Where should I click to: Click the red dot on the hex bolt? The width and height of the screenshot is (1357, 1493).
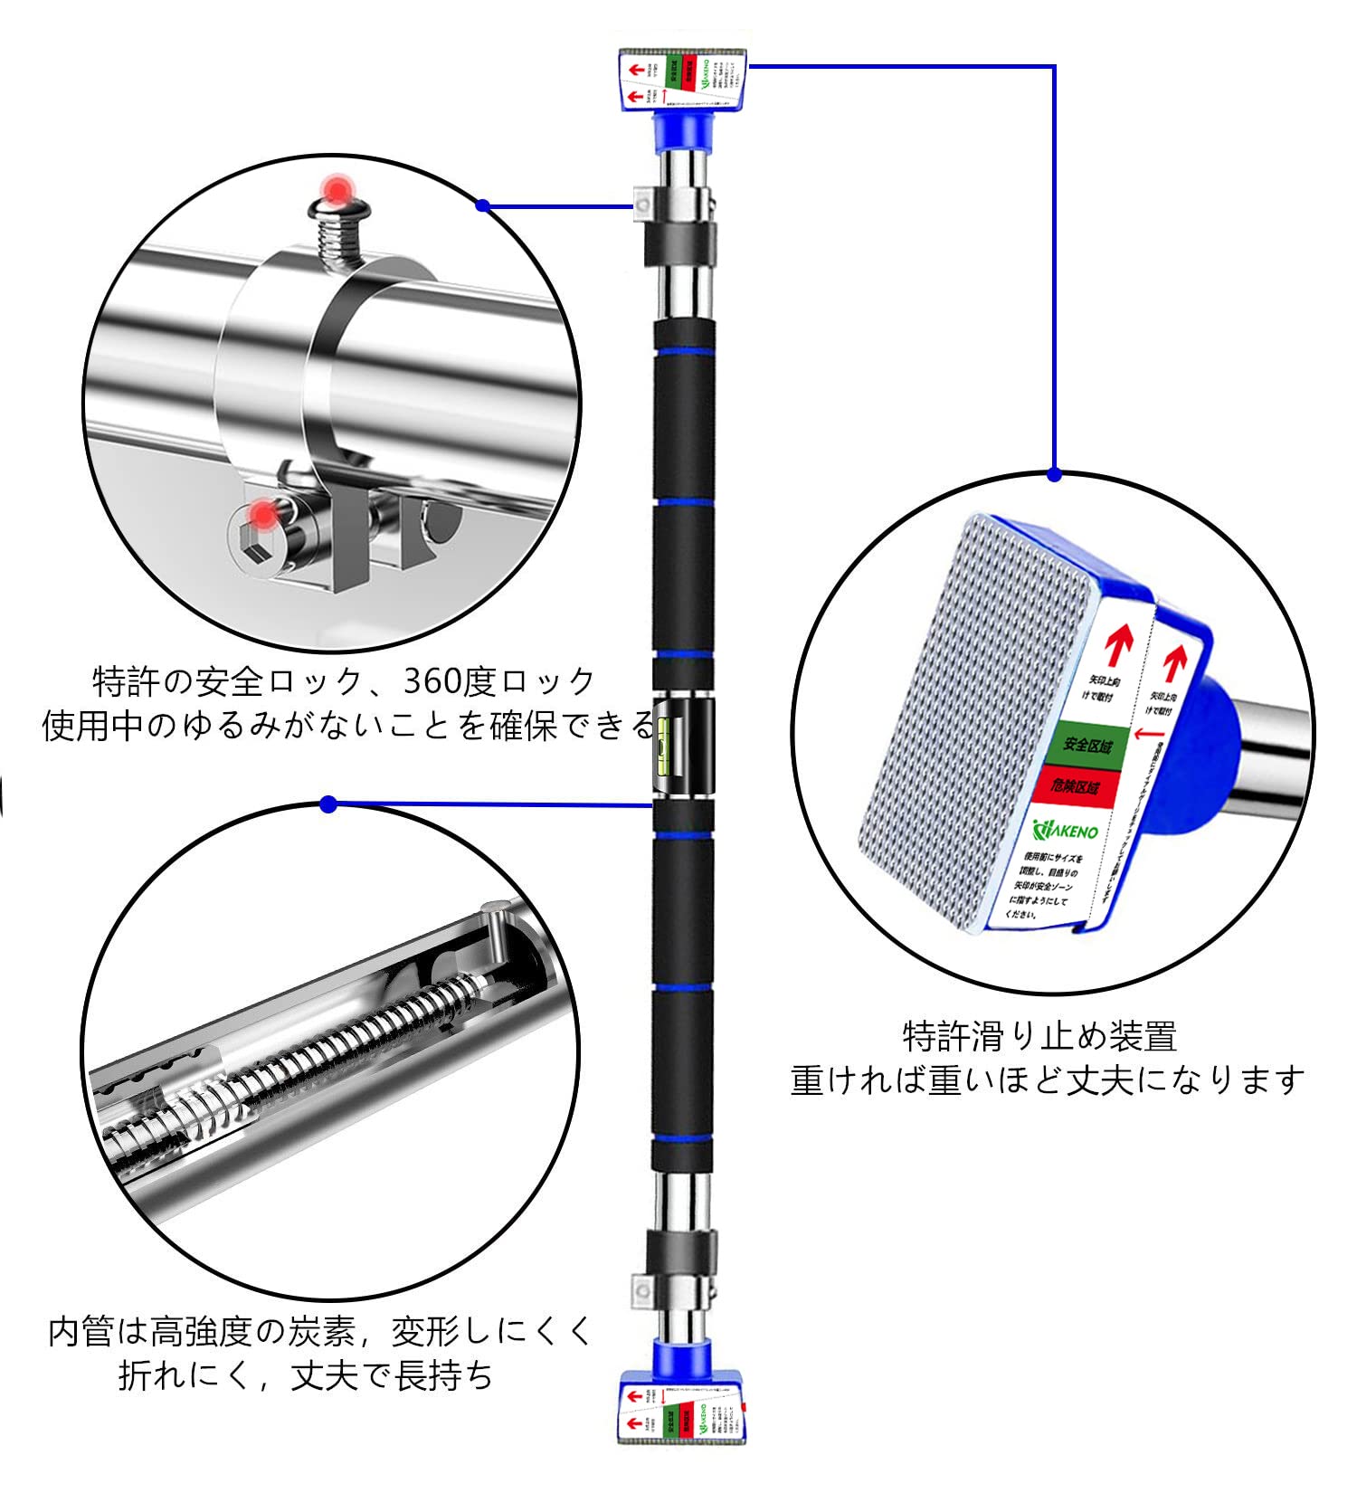262,516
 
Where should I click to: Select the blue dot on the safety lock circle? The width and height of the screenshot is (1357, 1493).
482,205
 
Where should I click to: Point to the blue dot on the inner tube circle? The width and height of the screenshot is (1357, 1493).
328,804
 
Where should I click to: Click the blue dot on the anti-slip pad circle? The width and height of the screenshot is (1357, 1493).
1054,473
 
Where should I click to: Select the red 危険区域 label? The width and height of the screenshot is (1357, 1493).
1075,786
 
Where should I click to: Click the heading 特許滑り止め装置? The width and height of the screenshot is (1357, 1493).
1039,1037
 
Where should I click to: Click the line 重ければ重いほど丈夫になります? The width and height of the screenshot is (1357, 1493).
1047,1080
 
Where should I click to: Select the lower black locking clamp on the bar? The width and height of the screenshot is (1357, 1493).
681,1250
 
